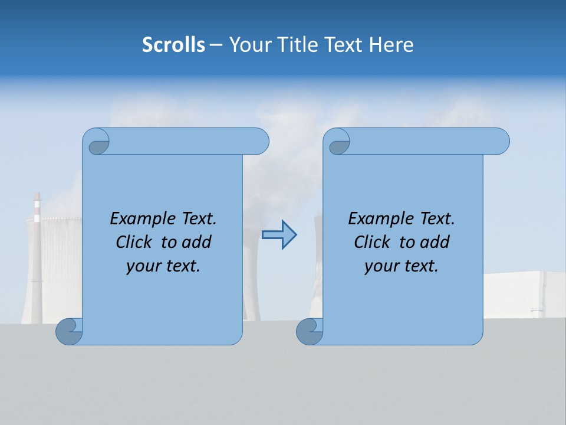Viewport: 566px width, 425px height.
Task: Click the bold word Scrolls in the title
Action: pos(173,45)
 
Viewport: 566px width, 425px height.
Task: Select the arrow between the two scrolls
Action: pos(279,235)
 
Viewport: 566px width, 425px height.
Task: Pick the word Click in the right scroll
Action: pos(373,242)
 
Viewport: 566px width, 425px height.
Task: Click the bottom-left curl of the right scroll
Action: pos(310,332)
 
